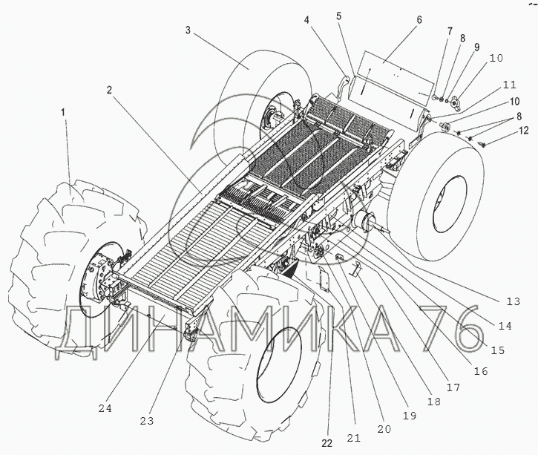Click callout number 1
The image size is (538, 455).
point(63,111)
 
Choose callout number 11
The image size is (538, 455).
point(509,85)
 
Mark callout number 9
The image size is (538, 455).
point(476,46)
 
